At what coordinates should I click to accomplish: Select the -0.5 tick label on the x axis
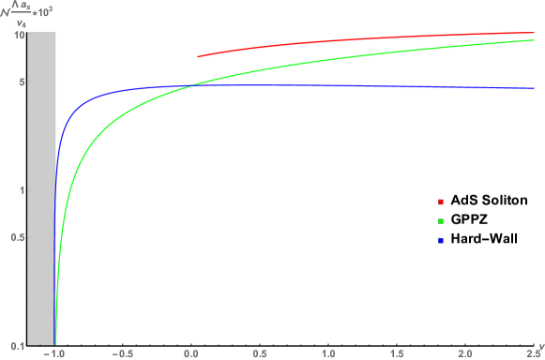(123, 354)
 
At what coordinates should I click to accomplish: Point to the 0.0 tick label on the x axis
(191, 354)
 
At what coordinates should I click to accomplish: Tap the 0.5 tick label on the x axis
(260, 354)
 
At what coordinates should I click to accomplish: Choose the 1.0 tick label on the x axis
(328, 354)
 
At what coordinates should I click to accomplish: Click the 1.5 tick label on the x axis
(397, 354)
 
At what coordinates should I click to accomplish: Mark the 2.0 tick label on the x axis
(465, 354)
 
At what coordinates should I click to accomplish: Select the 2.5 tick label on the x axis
(532, 354)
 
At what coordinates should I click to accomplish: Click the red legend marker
(441, 202)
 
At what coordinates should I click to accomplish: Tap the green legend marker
(441, 221)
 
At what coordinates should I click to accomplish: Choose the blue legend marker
(441, 241)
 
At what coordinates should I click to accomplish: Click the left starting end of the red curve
(198, 56)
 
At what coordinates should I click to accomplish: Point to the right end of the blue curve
(534, 88)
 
